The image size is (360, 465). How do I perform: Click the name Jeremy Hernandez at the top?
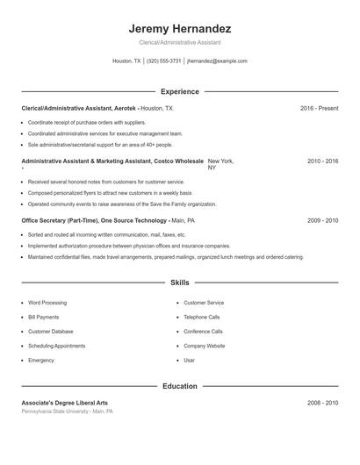[x=180, y=28]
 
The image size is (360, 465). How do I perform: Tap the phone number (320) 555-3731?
[x=164, y=61]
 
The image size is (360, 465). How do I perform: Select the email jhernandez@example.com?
[x=218, y=61]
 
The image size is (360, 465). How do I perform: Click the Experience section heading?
[x=180, y=91]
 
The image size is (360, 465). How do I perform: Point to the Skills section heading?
[x=180, y=283]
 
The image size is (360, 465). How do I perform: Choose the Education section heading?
[x=180, y=386]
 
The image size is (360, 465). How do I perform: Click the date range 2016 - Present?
[x=319, y=108]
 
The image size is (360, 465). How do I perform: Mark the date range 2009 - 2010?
[x=322, y=221]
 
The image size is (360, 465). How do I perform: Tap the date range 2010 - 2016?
[x=322, y=162]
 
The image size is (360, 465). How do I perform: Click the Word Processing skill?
[x=47, y=303]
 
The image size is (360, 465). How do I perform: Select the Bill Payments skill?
[x=44, y=317]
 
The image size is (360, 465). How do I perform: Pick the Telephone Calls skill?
[x=202, y=317]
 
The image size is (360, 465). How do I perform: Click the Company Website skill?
[x=205, y=346]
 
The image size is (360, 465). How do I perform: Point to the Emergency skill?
[x=41, y=361]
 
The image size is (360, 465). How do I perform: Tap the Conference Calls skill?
[x=203, y=332]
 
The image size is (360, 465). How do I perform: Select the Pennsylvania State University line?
[x=67, y=411]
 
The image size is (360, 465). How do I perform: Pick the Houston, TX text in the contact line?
[x=126, y=61]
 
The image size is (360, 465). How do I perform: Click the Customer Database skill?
[x=51, y=332]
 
